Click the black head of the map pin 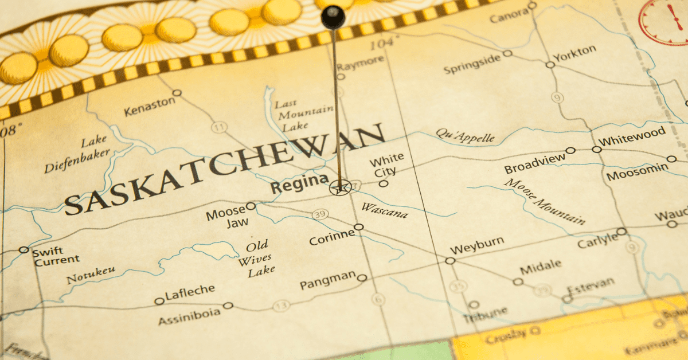click(333, 17)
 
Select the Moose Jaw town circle click(251, 206)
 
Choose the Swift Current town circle click(24, 249)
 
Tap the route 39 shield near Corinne click(320, 214)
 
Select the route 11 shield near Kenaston click(219, 127)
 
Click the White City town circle click(384, 183)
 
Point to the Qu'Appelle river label click(465, 136)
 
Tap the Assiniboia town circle click(228, 306)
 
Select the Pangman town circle click(362, 278)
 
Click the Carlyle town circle click(621, 232)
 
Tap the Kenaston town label click(150, 107)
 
